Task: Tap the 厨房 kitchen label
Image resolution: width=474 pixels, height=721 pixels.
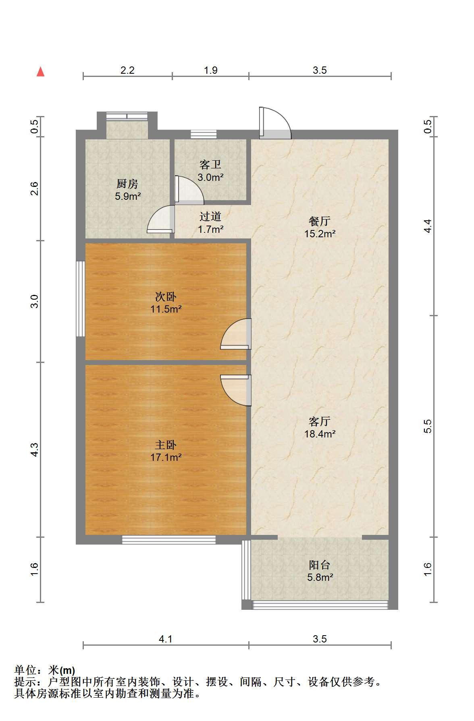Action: [127, 184]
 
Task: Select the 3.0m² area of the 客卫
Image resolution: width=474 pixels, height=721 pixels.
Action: [210, 177]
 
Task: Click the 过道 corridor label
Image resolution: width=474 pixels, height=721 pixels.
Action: [210, 217]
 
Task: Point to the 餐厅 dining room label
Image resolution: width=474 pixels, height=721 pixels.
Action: [320, 221]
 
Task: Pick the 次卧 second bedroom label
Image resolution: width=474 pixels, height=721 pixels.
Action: [166, 297]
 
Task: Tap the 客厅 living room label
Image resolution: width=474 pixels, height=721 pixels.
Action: [320, 421]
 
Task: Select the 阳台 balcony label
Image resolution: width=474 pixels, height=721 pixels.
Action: [320, 565]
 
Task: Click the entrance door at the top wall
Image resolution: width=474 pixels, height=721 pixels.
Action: [275, 123]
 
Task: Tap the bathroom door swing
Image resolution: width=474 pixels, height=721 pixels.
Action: [189, 189]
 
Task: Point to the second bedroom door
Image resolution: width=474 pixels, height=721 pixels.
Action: [236, 334]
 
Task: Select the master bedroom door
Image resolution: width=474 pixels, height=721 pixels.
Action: [236, 390]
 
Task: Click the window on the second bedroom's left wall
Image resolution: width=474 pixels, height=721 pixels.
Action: [81, 298]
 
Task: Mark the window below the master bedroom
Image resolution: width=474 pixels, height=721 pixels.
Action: [169, 540]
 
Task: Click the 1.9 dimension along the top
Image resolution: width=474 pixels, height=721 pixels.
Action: [210, 70]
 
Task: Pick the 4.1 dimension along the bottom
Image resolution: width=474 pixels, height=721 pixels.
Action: [166, 639]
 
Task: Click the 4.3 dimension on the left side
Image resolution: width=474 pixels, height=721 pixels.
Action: [35, 450]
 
